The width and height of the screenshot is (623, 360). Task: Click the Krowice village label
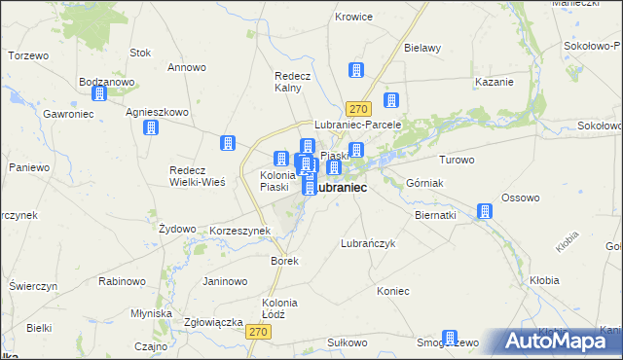point(354,17)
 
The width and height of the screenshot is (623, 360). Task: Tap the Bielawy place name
point(422,47)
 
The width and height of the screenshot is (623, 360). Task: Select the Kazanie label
point(493,82)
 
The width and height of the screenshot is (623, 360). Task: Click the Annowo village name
point(186,67)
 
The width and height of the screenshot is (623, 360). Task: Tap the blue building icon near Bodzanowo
point(98,94)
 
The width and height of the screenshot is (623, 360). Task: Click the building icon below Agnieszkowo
point(150,128)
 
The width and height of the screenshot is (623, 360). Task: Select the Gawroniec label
point(67,113)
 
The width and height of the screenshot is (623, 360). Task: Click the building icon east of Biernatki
point(485,211)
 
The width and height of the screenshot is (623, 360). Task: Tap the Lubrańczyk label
point(367,243)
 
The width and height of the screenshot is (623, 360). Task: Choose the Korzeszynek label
point(239,231)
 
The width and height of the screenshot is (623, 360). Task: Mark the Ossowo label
point(520,198)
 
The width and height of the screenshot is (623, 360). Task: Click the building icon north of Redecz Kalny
point(356,70)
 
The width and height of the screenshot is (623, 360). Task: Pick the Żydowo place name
point(177,228)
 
